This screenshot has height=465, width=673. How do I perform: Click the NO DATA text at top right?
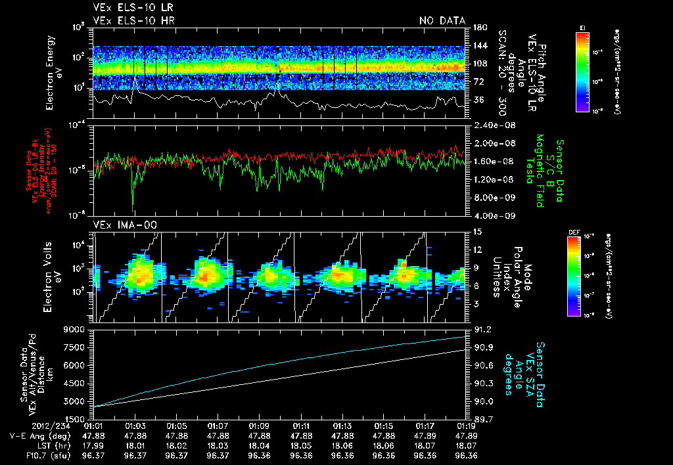[442, 20]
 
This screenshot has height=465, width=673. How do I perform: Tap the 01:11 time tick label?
[301, 426]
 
